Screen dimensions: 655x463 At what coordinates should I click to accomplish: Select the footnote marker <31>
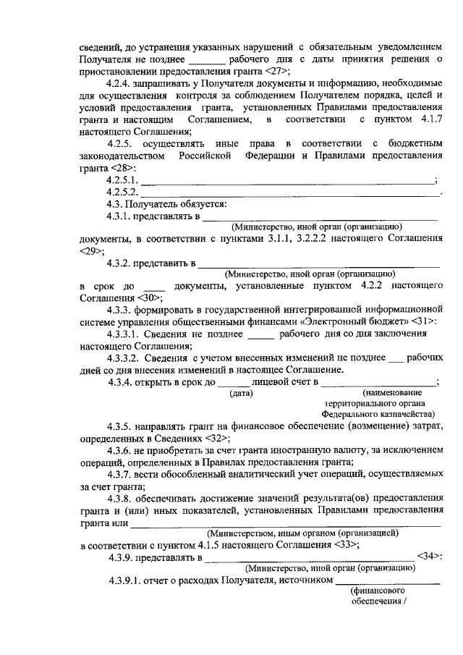click(422, 321)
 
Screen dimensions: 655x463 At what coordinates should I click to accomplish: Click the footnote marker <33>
click(347, 545)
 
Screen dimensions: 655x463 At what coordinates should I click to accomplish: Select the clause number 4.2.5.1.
click(122, 179)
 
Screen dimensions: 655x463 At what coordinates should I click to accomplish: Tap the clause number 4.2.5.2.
click(122, 192)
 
